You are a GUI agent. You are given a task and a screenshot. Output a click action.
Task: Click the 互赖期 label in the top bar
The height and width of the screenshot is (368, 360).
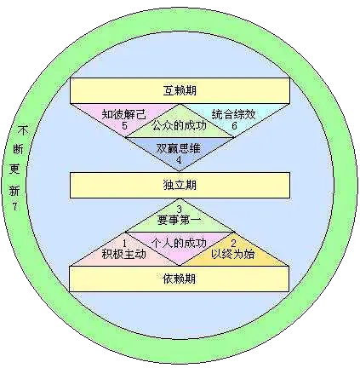click(180, 90)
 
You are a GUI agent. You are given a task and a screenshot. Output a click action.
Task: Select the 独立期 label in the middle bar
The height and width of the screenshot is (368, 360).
click(180, 185)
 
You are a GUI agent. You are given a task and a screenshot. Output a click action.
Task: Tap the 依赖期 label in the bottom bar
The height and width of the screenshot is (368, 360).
click(180, 279)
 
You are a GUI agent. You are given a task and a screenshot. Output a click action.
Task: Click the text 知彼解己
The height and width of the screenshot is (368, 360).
click(124, 114)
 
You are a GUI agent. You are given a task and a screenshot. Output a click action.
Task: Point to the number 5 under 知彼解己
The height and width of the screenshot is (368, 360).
click(124, 125)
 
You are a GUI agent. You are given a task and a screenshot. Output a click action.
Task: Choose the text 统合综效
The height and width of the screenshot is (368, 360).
click(234, 114)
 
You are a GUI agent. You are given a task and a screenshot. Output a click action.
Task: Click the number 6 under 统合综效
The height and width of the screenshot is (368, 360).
click(234, 125)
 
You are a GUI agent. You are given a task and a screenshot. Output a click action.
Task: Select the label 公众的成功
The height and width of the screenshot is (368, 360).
click(180, 125)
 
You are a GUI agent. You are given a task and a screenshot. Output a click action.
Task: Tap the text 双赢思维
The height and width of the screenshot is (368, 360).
click(179, 148)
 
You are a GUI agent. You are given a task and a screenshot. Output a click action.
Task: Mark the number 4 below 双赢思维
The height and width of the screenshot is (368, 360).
click(179, 160)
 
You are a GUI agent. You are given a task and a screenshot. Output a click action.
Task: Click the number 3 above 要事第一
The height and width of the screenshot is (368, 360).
click(179, 210)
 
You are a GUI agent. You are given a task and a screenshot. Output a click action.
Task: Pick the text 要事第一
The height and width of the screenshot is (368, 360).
click(180, 220)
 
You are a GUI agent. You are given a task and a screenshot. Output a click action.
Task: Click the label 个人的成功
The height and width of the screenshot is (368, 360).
click(180, 243)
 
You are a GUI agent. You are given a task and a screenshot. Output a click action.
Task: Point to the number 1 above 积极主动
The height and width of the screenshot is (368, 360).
click(124, 243)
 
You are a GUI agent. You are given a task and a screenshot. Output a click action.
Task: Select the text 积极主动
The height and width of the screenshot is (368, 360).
click(124, 254)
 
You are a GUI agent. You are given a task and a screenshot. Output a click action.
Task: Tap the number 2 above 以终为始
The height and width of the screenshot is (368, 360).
click(233, 243)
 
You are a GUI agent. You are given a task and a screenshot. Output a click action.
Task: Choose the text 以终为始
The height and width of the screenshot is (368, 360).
click(233, 254)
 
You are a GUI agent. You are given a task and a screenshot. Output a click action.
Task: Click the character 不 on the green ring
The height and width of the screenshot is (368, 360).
click(24, 131)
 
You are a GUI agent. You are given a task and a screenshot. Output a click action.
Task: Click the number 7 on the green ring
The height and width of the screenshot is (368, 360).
click(14, 206)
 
